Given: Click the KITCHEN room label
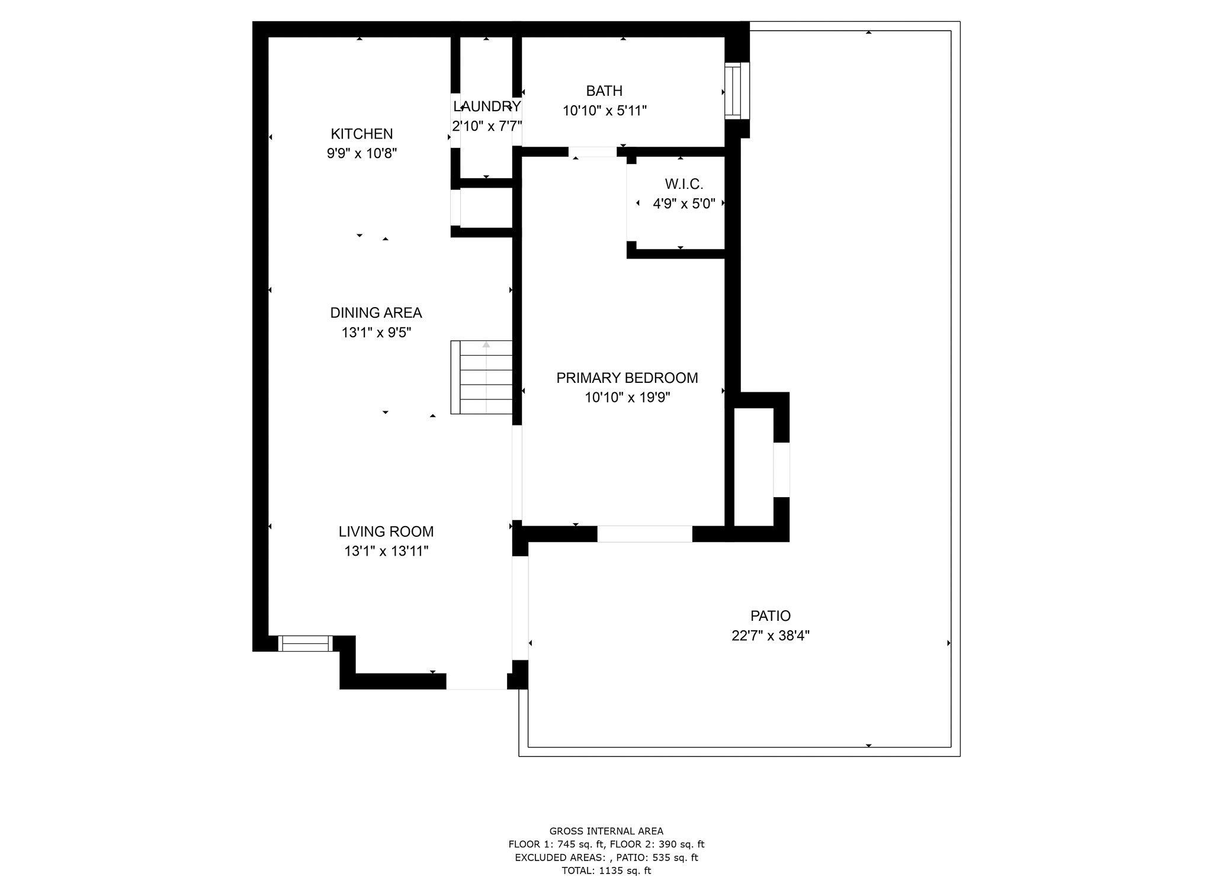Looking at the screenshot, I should point(361,134).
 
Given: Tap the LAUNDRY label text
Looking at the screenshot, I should point(487,107).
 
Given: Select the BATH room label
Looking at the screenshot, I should point(604,91).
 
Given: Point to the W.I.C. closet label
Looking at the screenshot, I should point(683,184).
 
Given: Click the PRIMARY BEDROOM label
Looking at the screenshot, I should point(627,378).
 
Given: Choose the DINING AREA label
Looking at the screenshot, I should point(376,312).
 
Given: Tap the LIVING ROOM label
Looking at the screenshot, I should point(386,531).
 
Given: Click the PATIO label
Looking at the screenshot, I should point(770,616).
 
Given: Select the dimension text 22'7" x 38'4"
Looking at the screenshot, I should point(770,636).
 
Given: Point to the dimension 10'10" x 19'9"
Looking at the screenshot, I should point(627,397).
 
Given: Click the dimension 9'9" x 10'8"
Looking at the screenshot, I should point(361,153).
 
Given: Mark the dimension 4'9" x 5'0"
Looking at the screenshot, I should point(683,204).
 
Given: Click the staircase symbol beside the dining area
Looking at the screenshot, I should point(482,377).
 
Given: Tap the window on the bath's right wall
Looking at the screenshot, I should point(736,91).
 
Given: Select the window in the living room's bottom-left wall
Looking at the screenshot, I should point(305,643).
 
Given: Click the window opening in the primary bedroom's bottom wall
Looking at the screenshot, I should point(644,534).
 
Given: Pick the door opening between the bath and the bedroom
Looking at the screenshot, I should point(592,152).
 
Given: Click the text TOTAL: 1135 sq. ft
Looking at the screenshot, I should point(606,871).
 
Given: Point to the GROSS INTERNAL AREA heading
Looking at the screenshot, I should point(606,831).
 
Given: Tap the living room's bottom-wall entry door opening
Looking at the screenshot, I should point(476,681).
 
